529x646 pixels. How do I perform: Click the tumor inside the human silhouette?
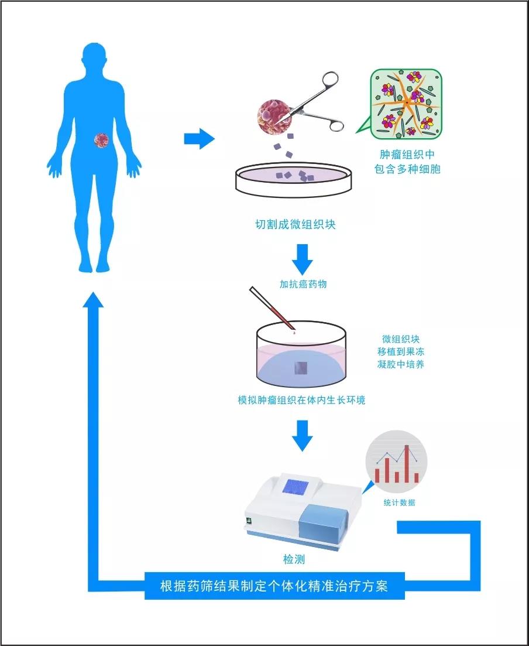coord(101,141)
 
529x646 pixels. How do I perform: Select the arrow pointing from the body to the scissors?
coord(199,138)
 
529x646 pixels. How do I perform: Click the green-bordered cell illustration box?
coord(406,104)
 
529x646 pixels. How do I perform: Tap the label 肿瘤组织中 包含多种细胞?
coord(407,162)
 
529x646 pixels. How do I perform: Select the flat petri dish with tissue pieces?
coord(294,180)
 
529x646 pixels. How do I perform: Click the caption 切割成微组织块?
coord(296,224)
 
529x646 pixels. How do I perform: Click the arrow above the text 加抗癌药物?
coord(303,259)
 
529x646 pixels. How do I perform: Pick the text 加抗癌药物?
coord(303,284)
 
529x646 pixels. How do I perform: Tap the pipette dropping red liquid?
coord(272,309)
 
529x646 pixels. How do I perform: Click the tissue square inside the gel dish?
coord(301,367)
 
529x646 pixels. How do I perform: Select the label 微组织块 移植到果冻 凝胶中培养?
coord(401,352)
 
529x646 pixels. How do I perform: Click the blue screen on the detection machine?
coord(296,487)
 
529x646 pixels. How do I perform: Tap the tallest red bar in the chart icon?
coord(407,463)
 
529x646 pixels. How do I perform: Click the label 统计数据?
coord(399,502)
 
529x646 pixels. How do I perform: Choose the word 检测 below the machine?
coord(294,559)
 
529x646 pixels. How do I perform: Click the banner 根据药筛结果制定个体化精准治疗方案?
coord(274,586)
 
